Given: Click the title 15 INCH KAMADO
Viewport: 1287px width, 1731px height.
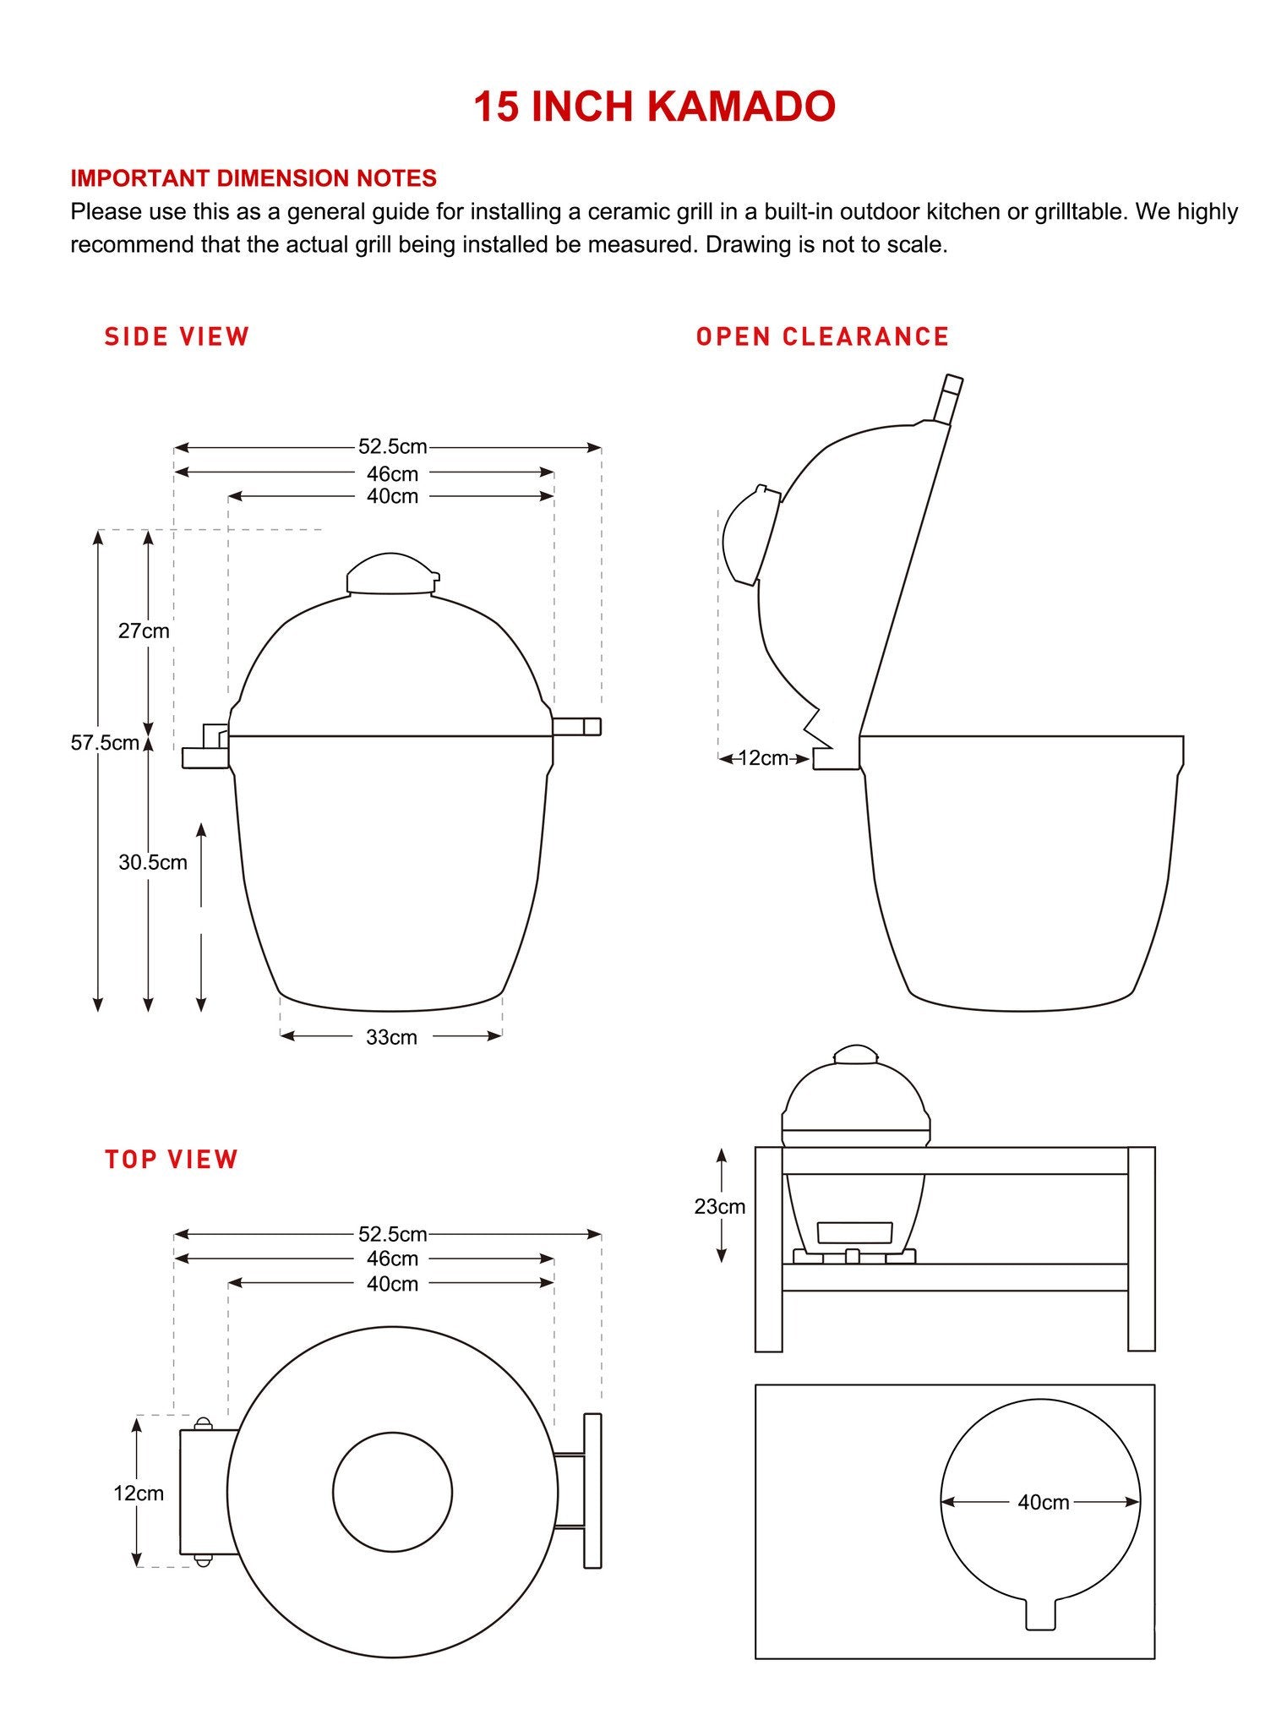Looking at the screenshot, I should click(x=654, y=107).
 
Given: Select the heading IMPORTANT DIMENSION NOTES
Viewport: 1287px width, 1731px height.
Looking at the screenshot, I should click(x=254, y=178).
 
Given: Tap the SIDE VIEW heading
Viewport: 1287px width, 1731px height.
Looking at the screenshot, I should click(x=177, y=336).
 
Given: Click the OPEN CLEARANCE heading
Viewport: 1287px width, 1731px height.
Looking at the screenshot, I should click(x=822, y=336).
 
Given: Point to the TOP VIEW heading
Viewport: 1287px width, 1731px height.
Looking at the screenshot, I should click(x=172, y=1159).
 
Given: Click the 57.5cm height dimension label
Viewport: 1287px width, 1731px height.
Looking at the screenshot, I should click(x=105, y=743).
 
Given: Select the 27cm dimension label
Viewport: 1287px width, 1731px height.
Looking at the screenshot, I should click(x=144, y=631).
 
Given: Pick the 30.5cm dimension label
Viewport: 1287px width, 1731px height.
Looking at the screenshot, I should click(x=153, y=862).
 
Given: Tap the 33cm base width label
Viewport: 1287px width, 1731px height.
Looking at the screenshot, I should click(x=391, y=1037).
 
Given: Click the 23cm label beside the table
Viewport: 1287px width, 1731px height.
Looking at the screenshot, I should click(x=720, y=1207).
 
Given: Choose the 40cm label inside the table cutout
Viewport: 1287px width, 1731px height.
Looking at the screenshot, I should click(x=1043, y=1502).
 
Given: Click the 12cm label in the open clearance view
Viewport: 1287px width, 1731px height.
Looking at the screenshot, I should click(x=763, y=758).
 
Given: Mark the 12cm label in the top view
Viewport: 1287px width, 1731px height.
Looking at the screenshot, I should click(x=139, y=1493).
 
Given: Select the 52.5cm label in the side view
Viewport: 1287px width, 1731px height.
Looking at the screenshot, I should click(x=392, y=446).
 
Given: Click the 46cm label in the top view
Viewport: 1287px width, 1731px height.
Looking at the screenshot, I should click(x=392, y=1259).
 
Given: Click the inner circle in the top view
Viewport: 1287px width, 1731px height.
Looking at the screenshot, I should click(x=392, y=1492).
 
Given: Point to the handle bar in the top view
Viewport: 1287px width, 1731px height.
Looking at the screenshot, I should click(x=592, y=1491).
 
